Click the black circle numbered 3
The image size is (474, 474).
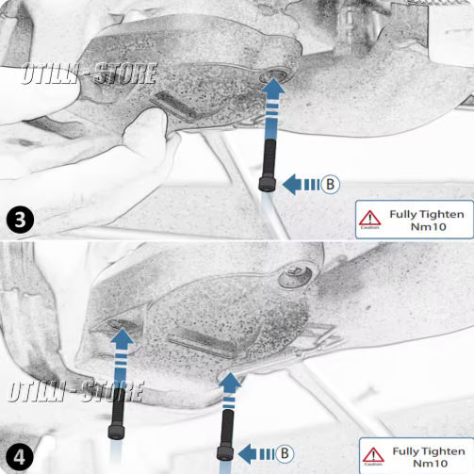(x=20, y=220)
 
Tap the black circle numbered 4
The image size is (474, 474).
(x=20, y=457)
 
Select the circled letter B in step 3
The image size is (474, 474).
(x=330, y=184)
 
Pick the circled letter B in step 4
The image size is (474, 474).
(x=285, y=453)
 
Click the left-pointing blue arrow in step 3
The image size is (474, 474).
(x=301, y=185)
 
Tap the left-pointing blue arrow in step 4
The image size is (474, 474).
(x=256, y=454)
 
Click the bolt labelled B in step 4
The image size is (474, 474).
(x=226, y=435)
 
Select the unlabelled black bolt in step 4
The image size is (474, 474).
(x=117, y=414)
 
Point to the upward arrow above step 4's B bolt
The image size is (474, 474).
(x=229, y=391)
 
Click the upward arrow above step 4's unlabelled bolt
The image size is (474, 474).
(x=122, y=359)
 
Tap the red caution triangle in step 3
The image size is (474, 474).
(x=370, y=218)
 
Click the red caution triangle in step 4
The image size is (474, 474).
(x=373, y=455)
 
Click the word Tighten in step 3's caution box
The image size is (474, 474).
(x=442, y=215)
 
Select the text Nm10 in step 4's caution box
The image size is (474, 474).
(x=430, y=464)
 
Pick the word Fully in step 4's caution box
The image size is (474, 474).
(x=405, y=452)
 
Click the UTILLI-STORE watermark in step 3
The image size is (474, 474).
(x=90, y=74)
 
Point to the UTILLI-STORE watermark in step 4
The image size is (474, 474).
(x=76, y=391)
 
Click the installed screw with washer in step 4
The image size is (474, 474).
(x=296, y=276)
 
